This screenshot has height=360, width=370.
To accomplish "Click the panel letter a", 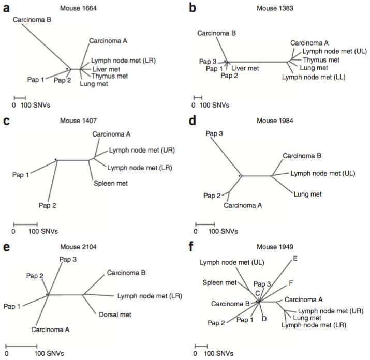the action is coord(6,8).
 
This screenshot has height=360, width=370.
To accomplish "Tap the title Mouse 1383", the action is coord(275,8).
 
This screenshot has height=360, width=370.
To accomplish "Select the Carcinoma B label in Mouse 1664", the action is coord(32,20).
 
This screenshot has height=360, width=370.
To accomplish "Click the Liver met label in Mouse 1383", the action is coord(245,68).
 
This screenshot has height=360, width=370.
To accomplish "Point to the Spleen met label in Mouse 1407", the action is coord(111,183).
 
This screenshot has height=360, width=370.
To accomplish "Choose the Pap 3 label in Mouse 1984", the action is coord(214,134).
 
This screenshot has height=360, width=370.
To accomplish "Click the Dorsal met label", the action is coord(115,314).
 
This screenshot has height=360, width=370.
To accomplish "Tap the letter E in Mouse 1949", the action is coord(295,258).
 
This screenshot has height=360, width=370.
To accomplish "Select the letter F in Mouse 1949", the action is coord(291,283).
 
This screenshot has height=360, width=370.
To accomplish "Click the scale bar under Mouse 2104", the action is coord(21,347).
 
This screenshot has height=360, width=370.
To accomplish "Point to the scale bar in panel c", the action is coord(25,224).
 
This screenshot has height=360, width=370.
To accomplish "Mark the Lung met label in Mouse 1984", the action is coord(307,194).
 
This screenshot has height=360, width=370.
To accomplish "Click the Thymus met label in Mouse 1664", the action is coord(110,76).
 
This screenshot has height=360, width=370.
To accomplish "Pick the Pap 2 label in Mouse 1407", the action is coord(48,205).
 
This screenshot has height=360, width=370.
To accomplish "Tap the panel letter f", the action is coord(191,247).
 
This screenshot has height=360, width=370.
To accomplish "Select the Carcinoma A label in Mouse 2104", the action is coord(50,329).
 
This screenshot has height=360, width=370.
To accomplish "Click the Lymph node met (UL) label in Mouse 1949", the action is coord(232,263).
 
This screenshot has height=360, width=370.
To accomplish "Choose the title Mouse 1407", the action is coord(78,121).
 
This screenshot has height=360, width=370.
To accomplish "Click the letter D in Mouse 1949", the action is coord(264,319).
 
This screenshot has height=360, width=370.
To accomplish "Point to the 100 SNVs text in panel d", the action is coord(223,231).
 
